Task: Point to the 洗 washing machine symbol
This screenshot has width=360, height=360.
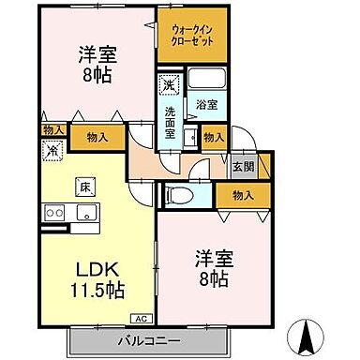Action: point(167,84)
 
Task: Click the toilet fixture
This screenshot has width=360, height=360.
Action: point(177,196)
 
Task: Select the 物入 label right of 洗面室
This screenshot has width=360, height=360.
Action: point(213,136)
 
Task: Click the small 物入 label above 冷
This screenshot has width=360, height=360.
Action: point(52,129)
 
